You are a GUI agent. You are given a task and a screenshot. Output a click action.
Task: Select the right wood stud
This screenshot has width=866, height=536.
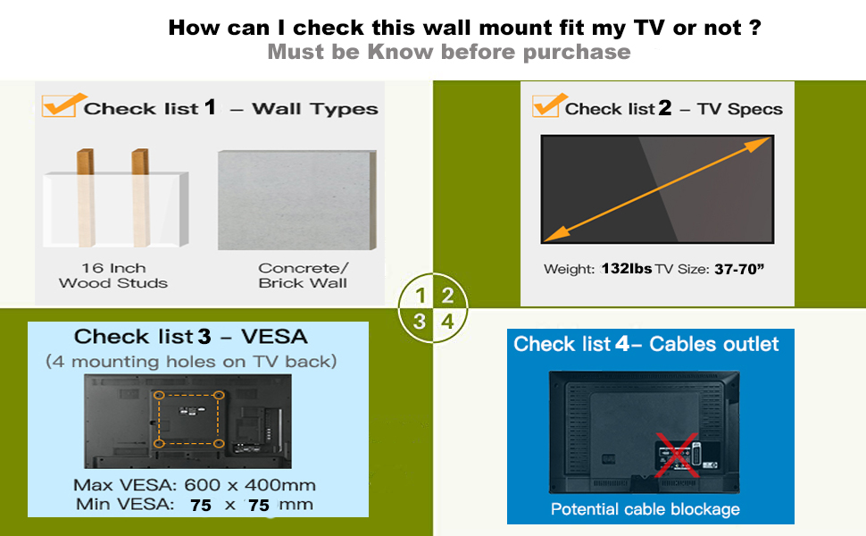(x=140, y=197)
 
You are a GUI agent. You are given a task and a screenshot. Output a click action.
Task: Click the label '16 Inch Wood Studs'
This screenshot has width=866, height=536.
(x=113, y=275)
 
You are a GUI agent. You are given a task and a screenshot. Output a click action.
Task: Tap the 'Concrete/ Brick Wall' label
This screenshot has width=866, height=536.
(x=303, y=275)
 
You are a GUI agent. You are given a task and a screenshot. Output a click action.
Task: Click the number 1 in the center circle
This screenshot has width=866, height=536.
(x=421, y=297)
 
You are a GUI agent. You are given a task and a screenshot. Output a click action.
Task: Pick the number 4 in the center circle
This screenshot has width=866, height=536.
(x=447, y=322)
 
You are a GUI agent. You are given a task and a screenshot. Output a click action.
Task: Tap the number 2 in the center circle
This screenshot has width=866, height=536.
(x=447, y=297)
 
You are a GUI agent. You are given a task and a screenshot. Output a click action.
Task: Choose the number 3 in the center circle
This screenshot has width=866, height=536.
(x=421, y=322)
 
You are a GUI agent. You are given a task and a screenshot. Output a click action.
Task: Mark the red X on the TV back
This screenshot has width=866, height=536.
(x=677, y=456)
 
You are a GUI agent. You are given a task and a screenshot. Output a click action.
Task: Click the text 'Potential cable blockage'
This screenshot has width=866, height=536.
(x=645, y=509)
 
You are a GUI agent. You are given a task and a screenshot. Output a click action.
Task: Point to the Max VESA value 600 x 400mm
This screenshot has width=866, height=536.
(x=250, y=485)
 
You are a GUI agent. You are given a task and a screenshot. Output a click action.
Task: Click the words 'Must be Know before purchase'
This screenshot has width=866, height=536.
(x=449, y=51)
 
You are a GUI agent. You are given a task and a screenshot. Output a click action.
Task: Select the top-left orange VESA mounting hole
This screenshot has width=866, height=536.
(x=158, y=395)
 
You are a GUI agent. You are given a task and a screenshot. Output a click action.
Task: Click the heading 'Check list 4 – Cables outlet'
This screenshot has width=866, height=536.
(x=646, y=344)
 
